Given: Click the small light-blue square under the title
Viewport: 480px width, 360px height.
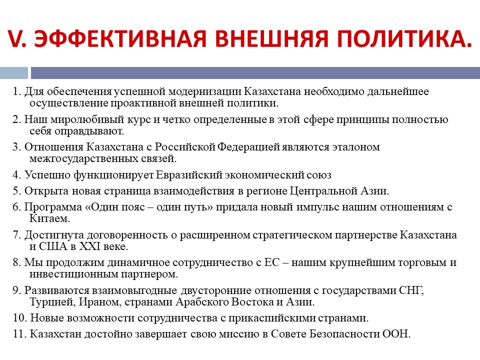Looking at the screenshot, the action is (14, 73).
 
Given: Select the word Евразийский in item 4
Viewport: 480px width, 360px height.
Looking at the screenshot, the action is (189, 175).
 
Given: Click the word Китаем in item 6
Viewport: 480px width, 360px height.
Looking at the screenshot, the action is (49, 218).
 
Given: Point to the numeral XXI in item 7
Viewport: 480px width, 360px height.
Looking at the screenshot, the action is (90, 246).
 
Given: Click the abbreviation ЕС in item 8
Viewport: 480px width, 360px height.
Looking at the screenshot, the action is (272, 262).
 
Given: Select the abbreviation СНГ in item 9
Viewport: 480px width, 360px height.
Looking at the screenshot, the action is (411, 290).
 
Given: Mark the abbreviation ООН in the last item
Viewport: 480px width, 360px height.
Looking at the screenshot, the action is (396, 334).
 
